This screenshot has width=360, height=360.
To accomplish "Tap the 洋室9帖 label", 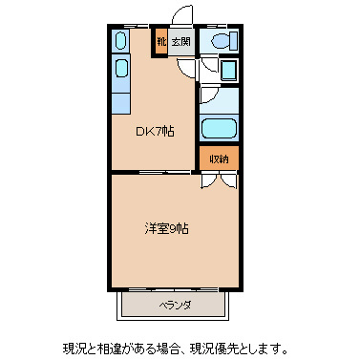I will coord(165,229).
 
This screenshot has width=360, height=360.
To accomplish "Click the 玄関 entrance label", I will coord(181,41).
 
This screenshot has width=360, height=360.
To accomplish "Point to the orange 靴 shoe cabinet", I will coord(160,41).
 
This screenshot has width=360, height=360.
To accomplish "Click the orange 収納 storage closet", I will coord(219,158).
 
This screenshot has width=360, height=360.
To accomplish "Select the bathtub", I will coord(220,128).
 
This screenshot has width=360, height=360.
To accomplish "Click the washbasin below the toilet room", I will coord(228,71).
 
